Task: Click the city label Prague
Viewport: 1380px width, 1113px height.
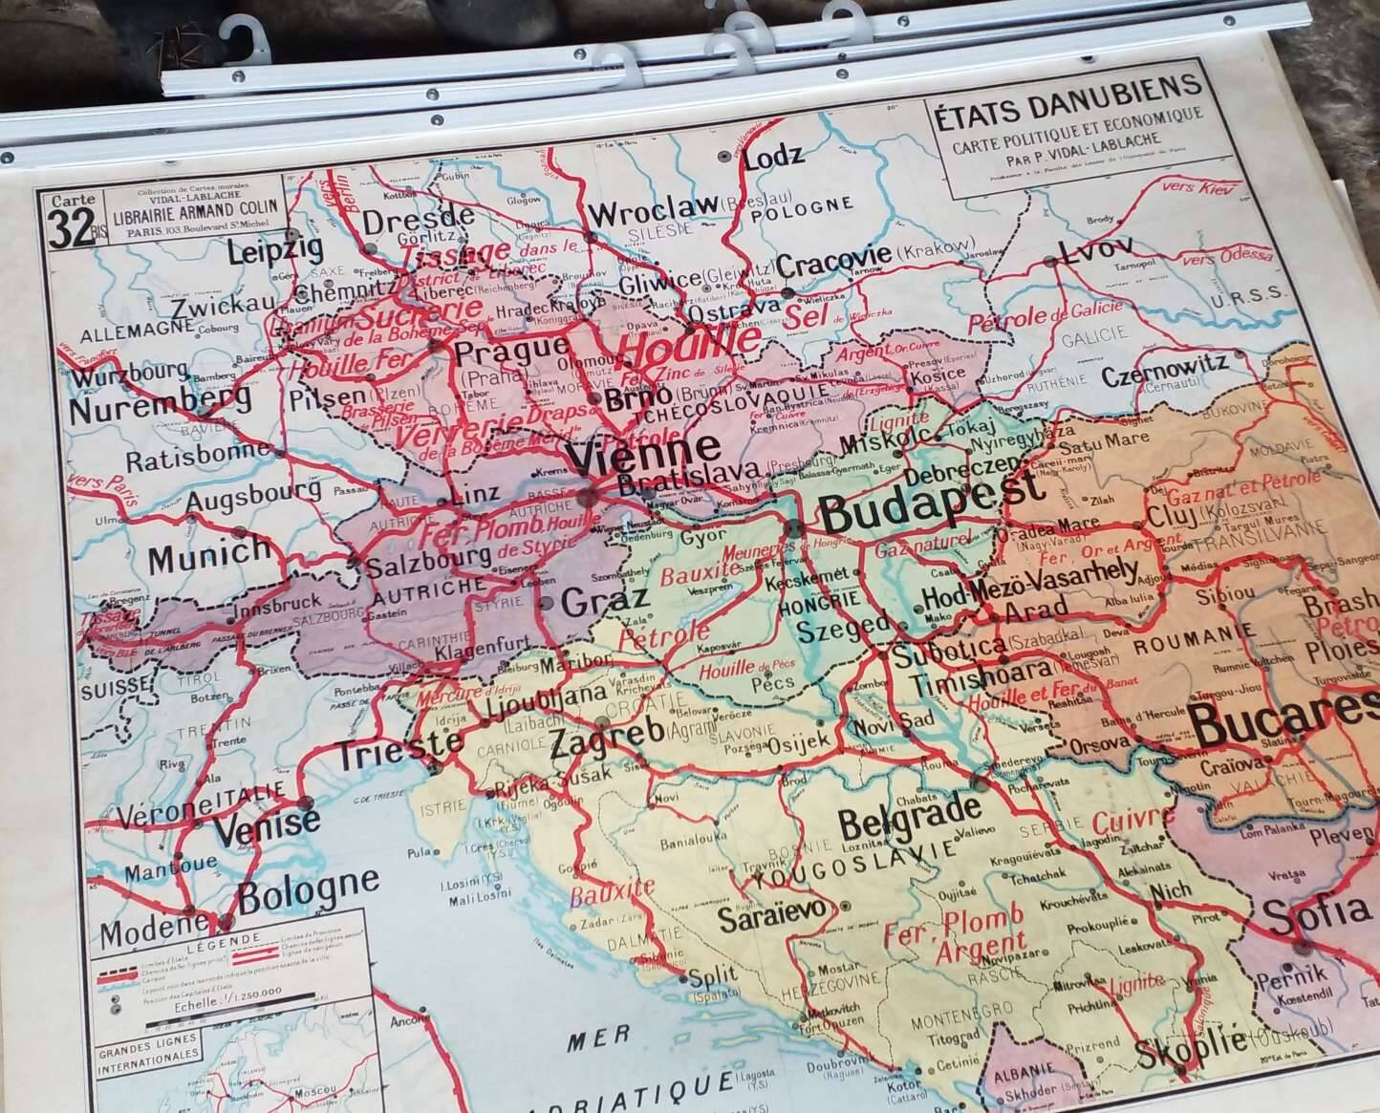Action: point(511,352)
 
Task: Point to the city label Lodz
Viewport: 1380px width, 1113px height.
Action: point(773,155)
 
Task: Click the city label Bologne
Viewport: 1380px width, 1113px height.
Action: point(307,890)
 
